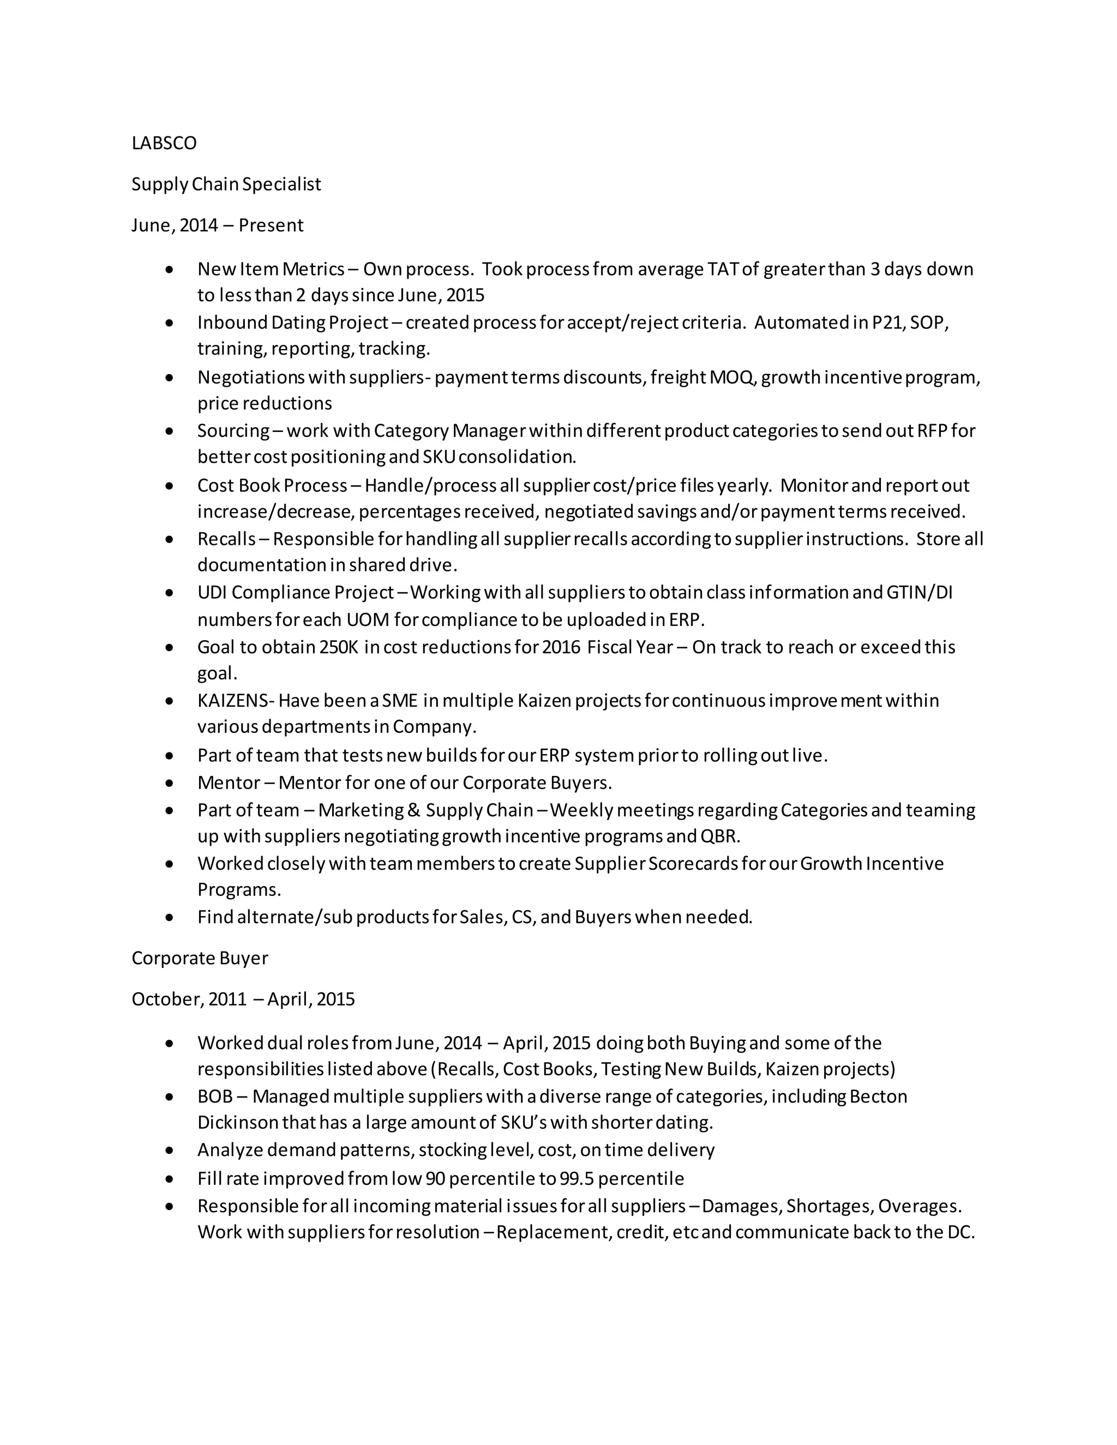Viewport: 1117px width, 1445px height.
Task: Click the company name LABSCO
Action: [164, 143]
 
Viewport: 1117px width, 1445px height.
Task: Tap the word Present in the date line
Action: [271, 226]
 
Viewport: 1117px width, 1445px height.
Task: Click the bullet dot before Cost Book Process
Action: [170, 486]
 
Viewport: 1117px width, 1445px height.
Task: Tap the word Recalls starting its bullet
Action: [226, 539]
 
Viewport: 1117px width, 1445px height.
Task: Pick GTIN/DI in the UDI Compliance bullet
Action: [919, 593]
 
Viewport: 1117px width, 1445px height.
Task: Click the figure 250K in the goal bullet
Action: [339, 647]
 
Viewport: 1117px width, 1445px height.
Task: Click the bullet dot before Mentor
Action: [170, 784]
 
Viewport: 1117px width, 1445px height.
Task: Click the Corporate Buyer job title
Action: [200, 958]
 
